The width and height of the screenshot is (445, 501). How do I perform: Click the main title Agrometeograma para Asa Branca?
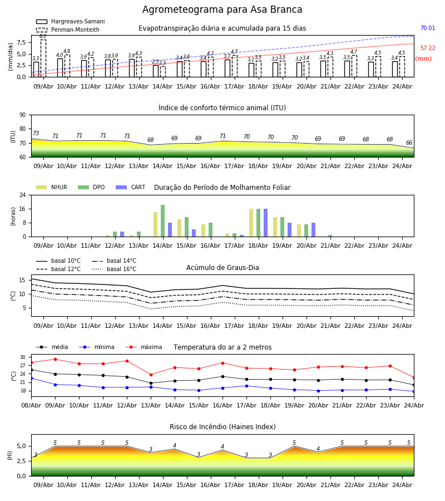[x=222, y=9]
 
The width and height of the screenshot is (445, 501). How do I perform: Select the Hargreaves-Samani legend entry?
[x=70, y=21]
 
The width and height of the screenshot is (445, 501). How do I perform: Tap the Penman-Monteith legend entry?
[x=68, y=30]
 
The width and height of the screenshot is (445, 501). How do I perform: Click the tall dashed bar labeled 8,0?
[x=43, y=58]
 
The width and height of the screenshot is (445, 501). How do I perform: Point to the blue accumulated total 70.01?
[x=428, y=28]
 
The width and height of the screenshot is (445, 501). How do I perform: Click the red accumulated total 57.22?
[x=428, y=48]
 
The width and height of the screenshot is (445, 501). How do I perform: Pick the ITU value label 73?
[x=36, y=133]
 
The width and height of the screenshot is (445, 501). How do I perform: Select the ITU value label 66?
[x=409, y=143]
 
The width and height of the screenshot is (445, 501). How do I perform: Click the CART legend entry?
[x=131, y=187]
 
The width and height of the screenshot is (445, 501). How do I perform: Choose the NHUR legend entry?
[x=52, y=187]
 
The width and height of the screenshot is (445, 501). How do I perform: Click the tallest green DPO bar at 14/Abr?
[x=163, y=221]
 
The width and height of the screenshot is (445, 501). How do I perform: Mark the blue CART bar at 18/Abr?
[x=265, y=223]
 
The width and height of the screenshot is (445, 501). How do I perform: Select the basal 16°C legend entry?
[x=114, y=269]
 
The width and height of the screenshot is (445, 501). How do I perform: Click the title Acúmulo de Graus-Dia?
[x=222, y=268]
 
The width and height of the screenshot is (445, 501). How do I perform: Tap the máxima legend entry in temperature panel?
[x=144, y=347]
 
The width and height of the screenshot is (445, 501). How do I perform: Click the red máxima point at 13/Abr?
[x=151, y=375]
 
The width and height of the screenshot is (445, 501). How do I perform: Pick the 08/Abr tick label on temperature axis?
[x=31, y=405]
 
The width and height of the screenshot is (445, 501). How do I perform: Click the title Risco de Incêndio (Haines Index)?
[x=222, y=427]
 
